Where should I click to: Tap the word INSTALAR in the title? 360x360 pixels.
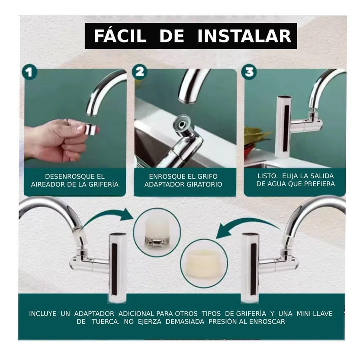click(244, 36)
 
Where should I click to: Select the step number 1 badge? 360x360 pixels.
click(29, 72)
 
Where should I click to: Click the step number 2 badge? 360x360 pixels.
click(140, 72)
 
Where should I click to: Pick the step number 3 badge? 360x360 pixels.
click(250, 72)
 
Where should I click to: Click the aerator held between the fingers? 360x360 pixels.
click(89, 129)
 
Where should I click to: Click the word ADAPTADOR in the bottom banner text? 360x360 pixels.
click(94, 313)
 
